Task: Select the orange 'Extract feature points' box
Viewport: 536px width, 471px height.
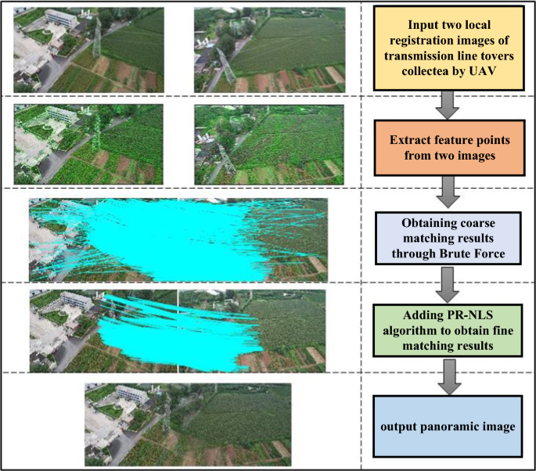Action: pos(447,145)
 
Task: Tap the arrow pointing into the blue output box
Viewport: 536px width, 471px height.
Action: pos(447,374)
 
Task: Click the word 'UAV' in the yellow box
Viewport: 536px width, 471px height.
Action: pos(484,69)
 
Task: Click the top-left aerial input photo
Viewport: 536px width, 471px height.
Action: pos(88,49)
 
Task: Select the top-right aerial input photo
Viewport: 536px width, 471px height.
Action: pos(269,49)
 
